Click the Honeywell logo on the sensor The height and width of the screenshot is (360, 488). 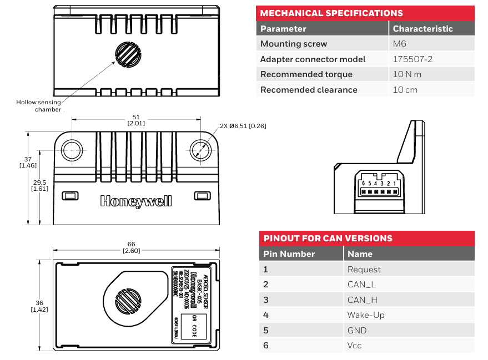136,201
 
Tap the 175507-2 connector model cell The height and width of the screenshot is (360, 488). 412,59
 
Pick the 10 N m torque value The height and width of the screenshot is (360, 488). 407,74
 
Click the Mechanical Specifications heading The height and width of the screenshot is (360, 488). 331,13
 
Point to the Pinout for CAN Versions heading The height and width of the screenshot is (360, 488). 328,239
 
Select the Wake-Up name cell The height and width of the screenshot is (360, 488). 366,315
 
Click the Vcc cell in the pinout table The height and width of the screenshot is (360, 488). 355,346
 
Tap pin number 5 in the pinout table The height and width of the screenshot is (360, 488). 266,331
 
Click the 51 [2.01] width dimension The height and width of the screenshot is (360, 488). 136,120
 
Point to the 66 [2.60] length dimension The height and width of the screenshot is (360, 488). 132,247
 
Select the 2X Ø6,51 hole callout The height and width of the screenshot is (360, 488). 243,126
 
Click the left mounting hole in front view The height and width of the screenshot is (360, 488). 72,149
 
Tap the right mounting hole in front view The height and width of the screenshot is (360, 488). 200,149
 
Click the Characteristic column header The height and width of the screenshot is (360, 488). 422,29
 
